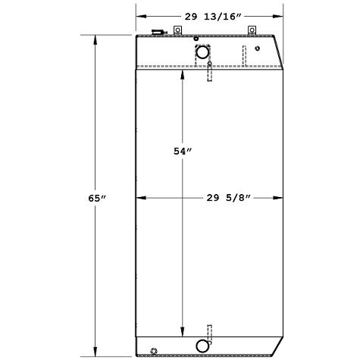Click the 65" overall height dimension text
95,198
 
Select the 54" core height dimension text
181,152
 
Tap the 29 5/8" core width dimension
225,198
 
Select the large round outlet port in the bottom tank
203,346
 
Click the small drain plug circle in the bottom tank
154,350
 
